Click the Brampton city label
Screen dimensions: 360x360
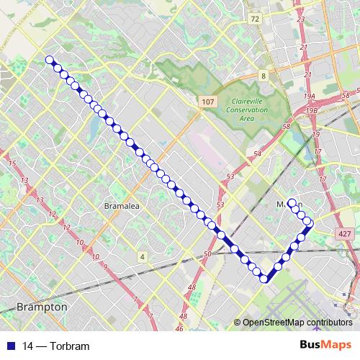(42, 307)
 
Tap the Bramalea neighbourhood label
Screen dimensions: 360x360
(120, 205)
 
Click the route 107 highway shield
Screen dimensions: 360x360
(207, 102)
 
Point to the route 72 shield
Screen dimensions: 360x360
(255, 19)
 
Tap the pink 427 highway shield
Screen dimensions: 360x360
(343, 234)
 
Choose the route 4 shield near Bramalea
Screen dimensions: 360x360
(143, 256)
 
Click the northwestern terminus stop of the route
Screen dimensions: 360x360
(49, 60)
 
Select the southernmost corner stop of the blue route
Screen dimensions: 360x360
(264, 279)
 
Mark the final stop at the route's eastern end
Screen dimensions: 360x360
(292, 202)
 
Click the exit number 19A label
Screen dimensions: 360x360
(310, 96)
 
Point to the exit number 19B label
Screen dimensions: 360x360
(312, 110)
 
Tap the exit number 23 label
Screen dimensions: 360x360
(300, 19)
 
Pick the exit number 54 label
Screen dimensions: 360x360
(257, 154)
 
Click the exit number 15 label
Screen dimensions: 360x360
(12, 163)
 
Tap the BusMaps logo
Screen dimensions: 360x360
(325, 345)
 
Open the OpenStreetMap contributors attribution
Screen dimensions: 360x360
(297, 323)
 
